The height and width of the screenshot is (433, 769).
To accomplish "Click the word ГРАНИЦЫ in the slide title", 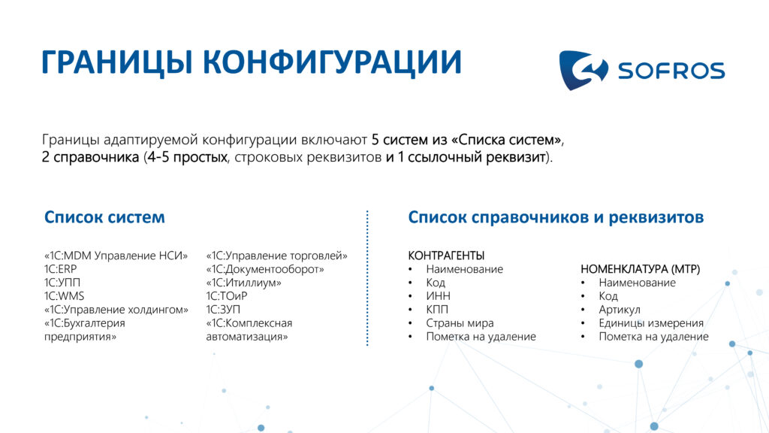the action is pyautogui.click(x=117, y=63).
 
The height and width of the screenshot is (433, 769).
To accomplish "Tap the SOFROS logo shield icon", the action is pyautogui.click(x=584, y=70).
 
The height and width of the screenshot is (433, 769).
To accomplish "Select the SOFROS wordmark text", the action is pyautogui.click(x=671, y=71).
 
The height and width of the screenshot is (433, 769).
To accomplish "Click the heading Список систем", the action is pyautogui.click(x=104, y=217).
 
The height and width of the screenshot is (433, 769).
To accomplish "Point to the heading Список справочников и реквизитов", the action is pyautogui.click(x=556, y=217).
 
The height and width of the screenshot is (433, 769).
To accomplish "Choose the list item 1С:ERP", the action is pyautogui.click(x=60, y=269).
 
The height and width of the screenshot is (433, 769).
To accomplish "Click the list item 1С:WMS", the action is pyautogui.click(x=65, y=296).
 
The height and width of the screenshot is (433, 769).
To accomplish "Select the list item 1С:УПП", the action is pyautogui.click(x=62, y=283).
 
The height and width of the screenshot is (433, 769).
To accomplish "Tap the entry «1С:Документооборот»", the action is pyautogui.click(x=265, y=270).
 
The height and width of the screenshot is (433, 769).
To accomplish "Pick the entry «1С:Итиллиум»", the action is pyautogui.click(x=244, y=283).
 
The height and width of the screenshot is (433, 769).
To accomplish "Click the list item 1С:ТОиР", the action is pyautogui.click(x=227, y=296).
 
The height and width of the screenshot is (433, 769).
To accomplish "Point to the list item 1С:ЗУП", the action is pyautogui.click(x=223, y=310).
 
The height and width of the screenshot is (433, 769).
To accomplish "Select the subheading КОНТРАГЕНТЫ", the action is pyautogui.click(x=446, y=256).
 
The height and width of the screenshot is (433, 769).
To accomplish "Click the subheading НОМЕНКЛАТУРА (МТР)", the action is pyautogui.click(x=641, y=270).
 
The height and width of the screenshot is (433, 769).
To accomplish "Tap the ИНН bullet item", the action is pyautogui.click(x=438, y=296).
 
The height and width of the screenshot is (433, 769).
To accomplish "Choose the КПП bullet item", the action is pyautogui.click(x=437, y=310).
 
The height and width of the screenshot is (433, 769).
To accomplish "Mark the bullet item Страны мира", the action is pyautogui.click(x=460, y=323).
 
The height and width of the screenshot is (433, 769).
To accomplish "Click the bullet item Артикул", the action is pyautogui.click(x=620, y=310).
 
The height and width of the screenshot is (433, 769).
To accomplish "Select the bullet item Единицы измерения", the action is pyautogui.click(x=651, y=323).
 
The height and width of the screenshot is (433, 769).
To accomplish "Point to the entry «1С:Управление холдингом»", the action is pyautogui.click(x=116, y=310).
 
